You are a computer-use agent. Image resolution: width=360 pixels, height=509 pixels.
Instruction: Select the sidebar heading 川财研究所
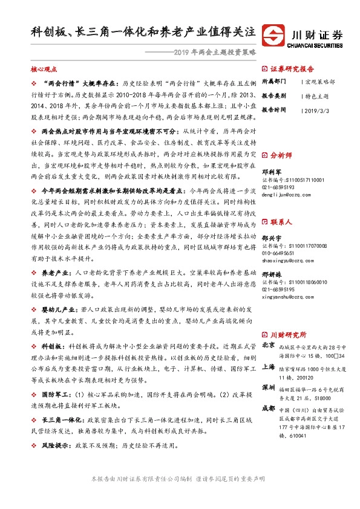pos(287,334)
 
